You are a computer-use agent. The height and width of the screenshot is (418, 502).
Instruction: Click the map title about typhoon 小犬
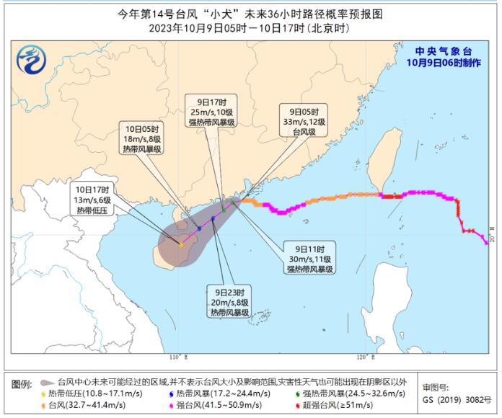click(x=250, y=14)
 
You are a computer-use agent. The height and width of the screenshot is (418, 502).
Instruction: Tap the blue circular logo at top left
click(x=30, y=58)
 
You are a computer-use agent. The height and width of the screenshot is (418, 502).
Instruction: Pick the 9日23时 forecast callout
click(x=229, y=301)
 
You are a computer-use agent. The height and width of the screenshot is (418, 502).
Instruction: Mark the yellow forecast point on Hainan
click(x=180, y=245)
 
